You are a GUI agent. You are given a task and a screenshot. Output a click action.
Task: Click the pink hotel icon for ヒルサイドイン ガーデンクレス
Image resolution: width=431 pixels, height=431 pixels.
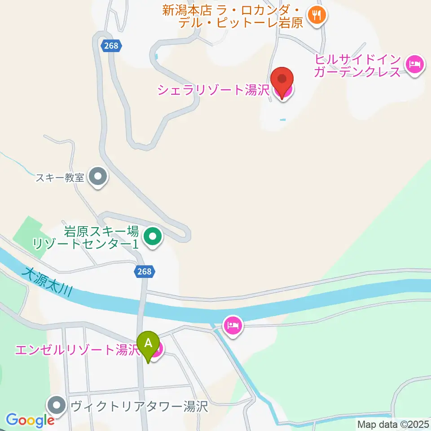click(413, 64)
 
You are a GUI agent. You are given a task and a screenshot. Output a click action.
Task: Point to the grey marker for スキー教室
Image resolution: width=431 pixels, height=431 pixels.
click(97, 177)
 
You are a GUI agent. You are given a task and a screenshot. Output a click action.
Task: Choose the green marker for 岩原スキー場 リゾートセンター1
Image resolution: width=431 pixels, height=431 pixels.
click(153, 236)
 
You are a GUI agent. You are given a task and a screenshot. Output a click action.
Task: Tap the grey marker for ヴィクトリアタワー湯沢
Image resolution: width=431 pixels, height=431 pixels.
click(57, 406)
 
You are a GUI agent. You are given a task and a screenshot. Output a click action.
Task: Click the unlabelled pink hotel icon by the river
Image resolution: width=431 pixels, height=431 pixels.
click(233, 324)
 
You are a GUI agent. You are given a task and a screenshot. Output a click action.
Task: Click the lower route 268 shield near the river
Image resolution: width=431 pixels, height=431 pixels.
click(145, 271)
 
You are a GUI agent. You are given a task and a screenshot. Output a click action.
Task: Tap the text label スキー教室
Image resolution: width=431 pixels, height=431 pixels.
click(61, 177)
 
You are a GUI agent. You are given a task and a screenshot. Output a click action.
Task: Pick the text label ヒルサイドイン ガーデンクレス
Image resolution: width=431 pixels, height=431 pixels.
click(357, 66)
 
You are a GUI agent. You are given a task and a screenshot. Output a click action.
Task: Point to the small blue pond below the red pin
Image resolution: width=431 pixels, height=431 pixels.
click(282, 119)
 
